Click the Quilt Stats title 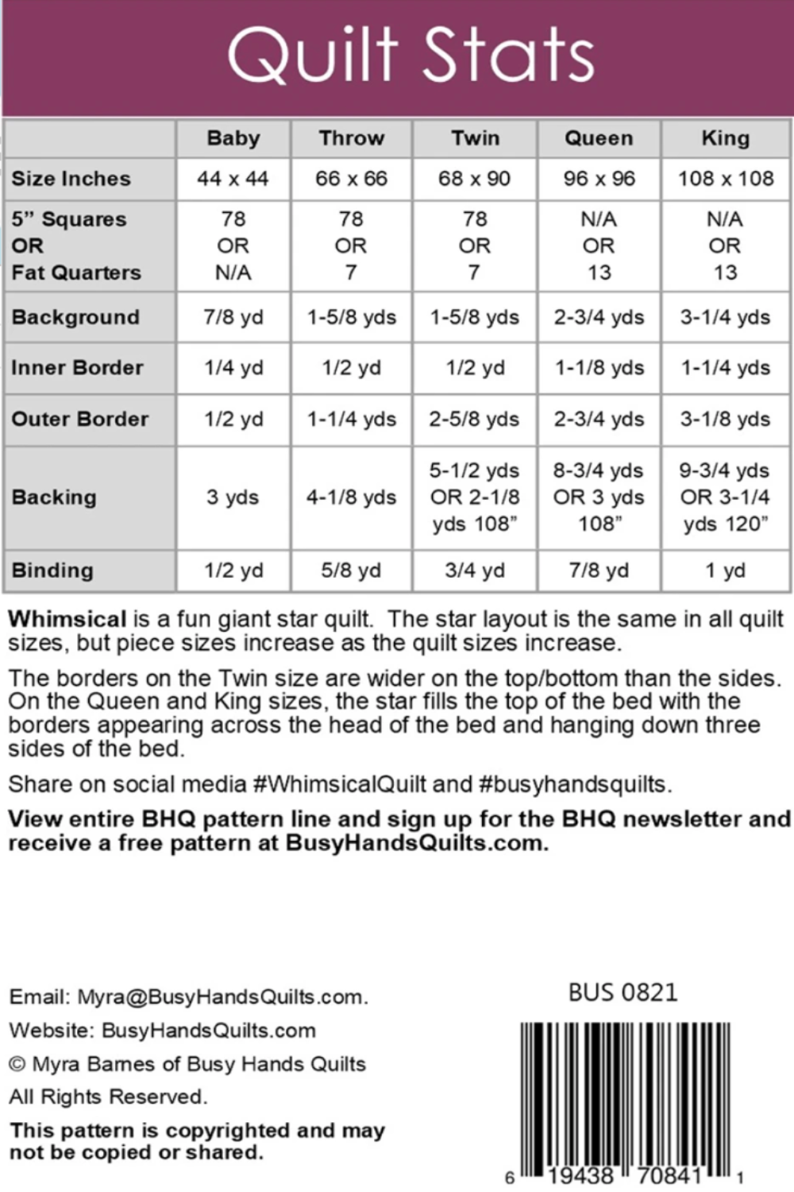point(410,55)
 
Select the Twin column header point(475,138)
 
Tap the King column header point(725,138)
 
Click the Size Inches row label point(71,179)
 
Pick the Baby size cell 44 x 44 point(233,179)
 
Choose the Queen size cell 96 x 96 point(599,179)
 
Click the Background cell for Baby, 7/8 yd point(233,317)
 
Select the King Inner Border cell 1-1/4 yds point(725,368)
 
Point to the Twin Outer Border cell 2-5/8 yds point(475,419)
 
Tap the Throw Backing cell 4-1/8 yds point(351,497)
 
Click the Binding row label point(52,571)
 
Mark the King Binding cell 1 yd point(725,571)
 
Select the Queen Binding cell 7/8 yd point(599,571)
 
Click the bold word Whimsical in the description point(67,619)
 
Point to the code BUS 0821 point(622,993)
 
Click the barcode point(625,1097)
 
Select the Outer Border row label point(79,419)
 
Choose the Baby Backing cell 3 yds point(233,497)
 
